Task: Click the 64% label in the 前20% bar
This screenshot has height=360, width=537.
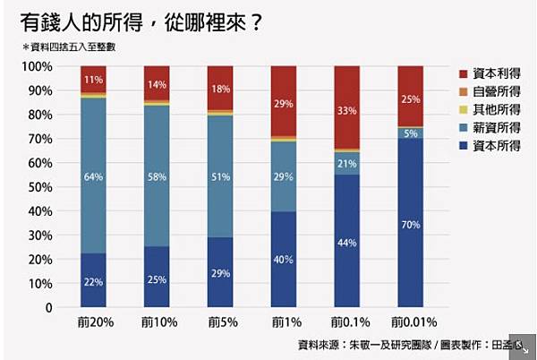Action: (93, 176)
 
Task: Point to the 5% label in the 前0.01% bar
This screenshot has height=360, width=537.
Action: (411, 133)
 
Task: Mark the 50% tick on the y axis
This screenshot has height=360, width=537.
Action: (39, 187)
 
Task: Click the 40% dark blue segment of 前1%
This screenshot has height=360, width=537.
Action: (284, 260)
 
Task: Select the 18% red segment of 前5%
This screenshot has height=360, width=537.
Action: (220, 88)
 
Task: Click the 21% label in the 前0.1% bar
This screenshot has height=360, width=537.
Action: (347, 163)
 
